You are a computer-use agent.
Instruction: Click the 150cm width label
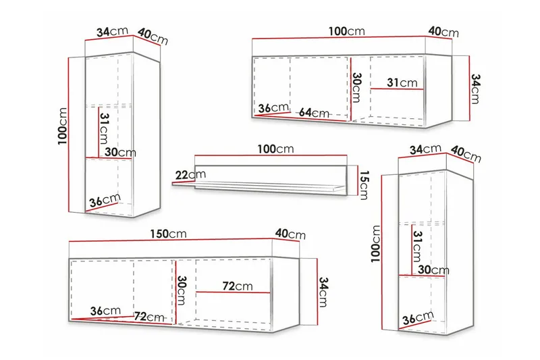pos(168,234)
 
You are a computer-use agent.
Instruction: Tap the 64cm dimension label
pos(314,112)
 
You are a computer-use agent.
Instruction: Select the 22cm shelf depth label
pos(190,175)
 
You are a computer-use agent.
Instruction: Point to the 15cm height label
pos(364,185)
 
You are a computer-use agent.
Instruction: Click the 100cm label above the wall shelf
pos(275,149)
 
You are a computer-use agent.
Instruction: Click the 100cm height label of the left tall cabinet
pos(63,126)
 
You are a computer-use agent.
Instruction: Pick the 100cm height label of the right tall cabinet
pos(375,244)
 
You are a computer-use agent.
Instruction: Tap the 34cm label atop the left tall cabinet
pos(112,32)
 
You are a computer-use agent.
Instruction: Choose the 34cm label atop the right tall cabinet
pos(425,149)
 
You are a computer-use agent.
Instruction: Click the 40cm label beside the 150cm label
pos(290,234)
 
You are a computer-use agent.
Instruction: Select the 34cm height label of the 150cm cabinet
pos(323,292)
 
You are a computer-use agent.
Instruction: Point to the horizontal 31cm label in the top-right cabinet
pos(402,82)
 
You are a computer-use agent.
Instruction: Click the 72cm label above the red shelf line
pos(238,286)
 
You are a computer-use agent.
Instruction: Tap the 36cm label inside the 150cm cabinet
pos(105,311)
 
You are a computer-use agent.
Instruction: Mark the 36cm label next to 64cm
pos(273,108)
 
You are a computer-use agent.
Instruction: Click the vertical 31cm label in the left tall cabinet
pos(103,128)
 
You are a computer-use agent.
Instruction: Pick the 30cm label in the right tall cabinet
pos(433,269)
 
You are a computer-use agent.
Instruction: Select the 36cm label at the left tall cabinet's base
pos(105,201)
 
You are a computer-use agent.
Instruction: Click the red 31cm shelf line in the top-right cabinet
pos(397,89)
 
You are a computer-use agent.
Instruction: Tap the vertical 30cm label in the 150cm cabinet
pos(181,290)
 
